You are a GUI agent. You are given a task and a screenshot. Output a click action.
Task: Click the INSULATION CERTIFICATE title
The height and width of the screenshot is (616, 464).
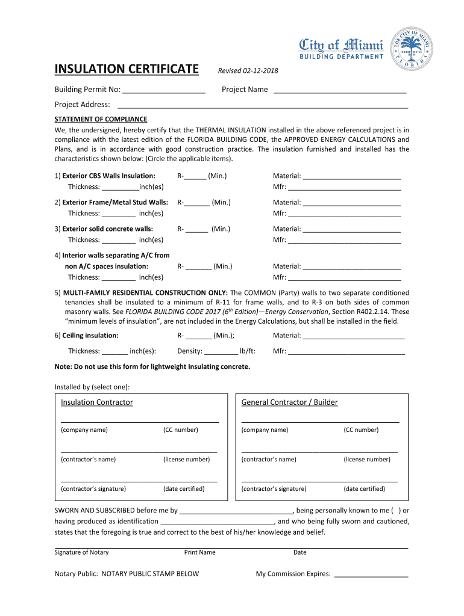pyautogui.click(x=126, y=70)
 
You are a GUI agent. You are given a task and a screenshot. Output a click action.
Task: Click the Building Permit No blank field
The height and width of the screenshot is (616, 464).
pyautogui.click(x=163, y=90)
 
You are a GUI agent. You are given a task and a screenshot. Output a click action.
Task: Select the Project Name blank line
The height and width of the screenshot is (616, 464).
pyautogui.click(x=340, y=90)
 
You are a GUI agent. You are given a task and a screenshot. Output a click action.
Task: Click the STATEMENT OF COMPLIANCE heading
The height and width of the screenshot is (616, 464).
pyautogui.click(x=101, y=119)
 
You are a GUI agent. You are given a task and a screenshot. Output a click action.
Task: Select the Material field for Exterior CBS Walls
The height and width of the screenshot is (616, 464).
pyautogui.click(x=352, y=177)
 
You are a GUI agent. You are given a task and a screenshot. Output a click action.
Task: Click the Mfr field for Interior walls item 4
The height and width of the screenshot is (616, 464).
pyautogui.click(x=345, y=278)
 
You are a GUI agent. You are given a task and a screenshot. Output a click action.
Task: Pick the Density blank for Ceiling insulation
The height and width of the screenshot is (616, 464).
pyautogui.click(x=221, y=352)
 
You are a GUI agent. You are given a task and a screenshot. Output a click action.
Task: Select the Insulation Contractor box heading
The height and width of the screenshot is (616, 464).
pyautogui.click(x=96, y=402)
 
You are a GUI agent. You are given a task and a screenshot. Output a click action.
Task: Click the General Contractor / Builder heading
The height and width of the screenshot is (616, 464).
pyautogui.click(x=289, y=402)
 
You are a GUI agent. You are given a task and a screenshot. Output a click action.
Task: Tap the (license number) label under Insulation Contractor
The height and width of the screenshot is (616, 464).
pyautogui.click(x=186, y=460)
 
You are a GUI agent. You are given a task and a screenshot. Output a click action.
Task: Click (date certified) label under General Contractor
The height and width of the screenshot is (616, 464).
pyautogui.click(x=364, y=489)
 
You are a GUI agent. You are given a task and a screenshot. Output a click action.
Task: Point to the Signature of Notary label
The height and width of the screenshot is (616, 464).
pyautogui.click(x=81, y=552)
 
